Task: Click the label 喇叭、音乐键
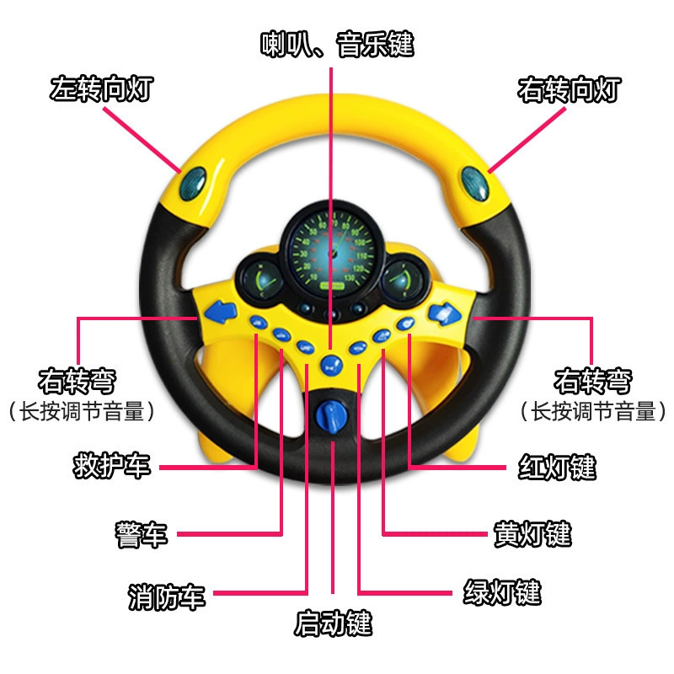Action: click(337, 45)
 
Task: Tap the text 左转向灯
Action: click(101, 89)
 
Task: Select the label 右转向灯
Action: click(570, 89)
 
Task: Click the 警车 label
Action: click(141, 534)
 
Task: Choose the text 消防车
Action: click(167, 596)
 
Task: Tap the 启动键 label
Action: click(333, 623)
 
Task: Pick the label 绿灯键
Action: click(502, 592)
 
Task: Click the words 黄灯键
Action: click(532, 534)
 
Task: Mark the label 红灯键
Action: click(557, 467)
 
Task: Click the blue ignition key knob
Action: click(331, 415)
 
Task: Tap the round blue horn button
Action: click(331, 366)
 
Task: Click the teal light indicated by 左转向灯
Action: click(193, 184)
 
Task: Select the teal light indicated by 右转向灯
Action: click(475, 184)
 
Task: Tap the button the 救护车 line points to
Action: click(259, 322)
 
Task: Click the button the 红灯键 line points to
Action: click(405, 324)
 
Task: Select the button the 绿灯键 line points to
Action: click(357, 347)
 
